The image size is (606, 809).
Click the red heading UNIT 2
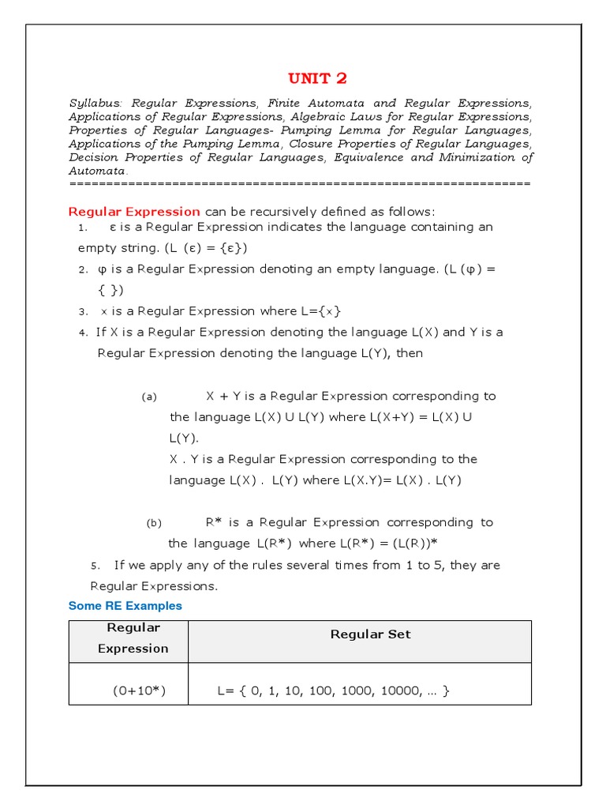pyautogui.click(x=317, y=77)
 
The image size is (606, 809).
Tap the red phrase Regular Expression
pyautogui.click(x=134, y=211)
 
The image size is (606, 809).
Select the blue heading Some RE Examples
pyautogui.click(x=125, y=606)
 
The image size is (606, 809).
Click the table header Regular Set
pyautogui.click(x=370, y=634)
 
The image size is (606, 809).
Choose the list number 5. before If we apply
pyautogui.click(x=95, y=566)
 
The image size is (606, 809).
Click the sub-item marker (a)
pyautogui.click(x=150, y=397)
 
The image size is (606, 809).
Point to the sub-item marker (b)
pyautogui.click(x=153, y=524)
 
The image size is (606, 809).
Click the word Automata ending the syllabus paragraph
pyautogui.click(x=97, y=171)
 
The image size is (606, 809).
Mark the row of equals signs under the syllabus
pyautogui.click(x=300, y=183)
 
